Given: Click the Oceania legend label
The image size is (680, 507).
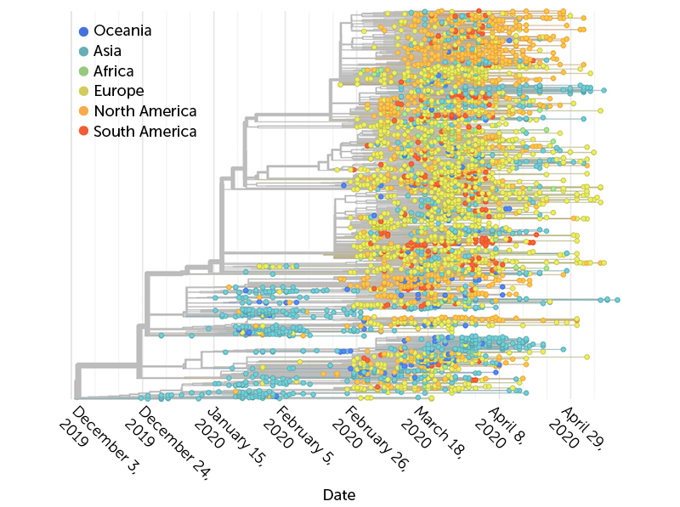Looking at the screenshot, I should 122,31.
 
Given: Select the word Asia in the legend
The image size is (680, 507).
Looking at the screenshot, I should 107,51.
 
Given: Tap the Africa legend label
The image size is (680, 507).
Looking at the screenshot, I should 113,71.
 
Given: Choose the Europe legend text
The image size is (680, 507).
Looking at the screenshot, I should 118,91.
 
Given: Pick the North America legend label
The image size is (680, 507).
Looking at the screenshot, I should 144,111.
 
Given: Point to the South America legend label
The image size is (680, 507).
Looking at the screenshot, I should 144,132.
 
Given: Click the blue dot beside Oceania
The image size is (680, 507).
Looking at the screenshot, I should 82,31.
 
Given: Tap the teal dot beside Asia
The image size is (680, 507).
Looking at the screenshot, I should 82,52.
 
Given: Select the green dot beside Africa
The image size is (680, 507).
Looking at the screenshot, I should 82,71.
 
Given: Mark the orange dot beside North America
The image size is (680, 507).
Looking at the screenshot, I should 82,111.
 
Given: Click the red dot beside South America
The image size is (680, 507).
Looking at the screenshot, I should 82,132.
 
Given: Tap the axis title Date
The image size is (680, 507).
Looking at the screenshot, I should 339,494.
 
